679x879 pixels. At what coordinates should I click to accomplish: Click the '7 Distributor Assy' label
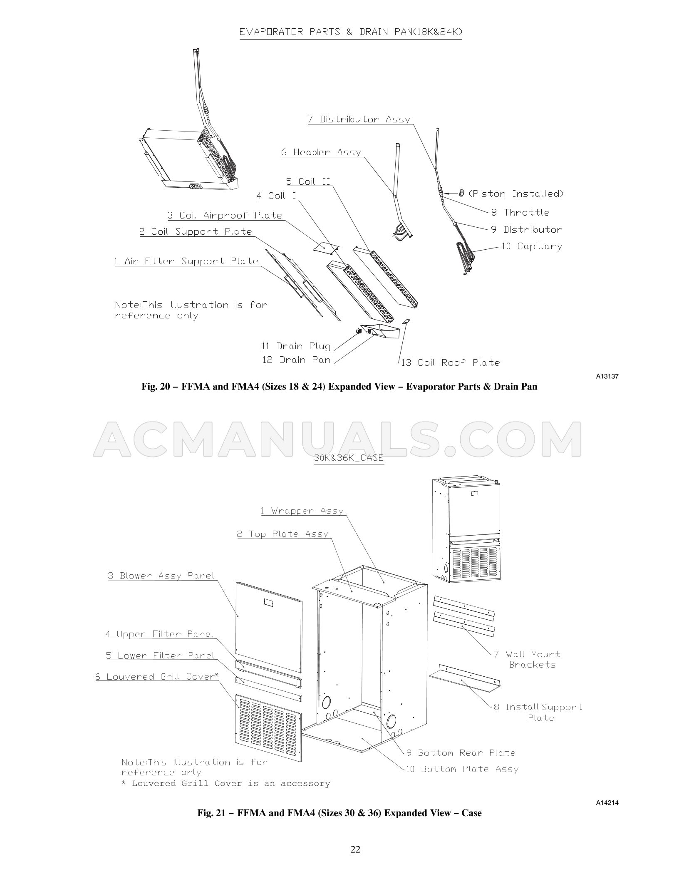tap(359, 119)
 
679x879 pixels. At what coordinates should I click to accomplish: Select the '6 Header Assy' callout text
tap(321, 152)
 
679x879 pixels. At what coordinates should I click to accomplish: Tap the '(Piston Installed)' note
tap(516, 194)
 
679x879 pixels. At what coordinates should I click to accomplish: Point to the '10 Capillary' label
tap(532, 246)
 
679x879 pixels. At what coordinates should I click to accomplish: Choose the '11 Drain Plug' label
tap(296, 346)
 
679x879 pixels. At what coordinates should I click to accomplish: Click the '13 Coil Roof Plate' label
tap(450, 363)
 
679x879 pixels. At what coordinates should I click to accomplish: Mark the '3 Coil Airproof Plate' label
tap(225, 216)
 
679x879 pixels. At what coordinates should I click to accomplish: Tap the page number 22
tap(355, 849)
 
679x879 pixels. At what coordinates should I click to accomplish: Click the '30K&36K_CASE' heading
tap(349, 458)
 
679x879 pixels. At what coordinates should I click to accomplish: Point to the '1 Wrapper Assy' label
tap(302, 511)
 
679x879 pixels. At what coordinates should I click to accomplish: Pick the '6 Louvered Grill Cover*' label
tap(156, 676)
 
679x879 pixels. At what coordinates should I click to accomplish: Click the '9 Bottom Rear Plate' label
tap(461, 752)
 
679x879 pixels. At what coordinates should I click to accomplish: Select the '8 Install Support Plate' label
tap(538, 712)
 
